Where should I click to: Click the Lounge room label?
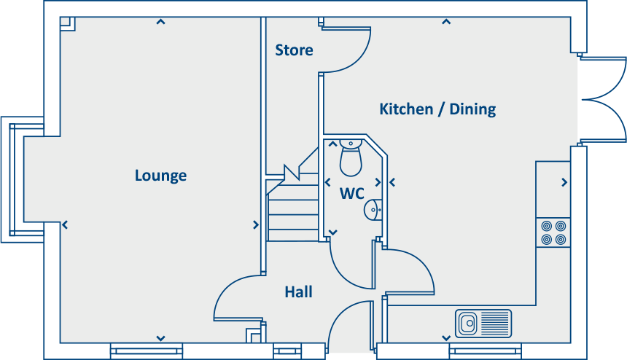(x=160, y=176)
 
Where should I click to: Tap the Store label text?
(x=294, y=50)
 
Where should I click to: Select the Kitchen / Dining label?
(x=437, y=109)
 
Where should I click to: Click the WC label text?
(x=352, y=194)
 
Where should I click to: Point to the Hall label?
(x=298, y=292)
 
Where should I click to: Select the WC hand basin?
(x=372, y=210)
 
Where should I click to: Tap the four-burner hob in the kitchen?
(x=553, y=232)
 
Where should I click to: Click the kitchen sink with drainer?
(x=483, y=323)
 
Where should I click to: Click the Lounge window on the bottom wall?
(x=147, y=351)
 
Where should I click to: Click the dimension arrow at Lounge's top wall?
(x=160, y=22)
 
